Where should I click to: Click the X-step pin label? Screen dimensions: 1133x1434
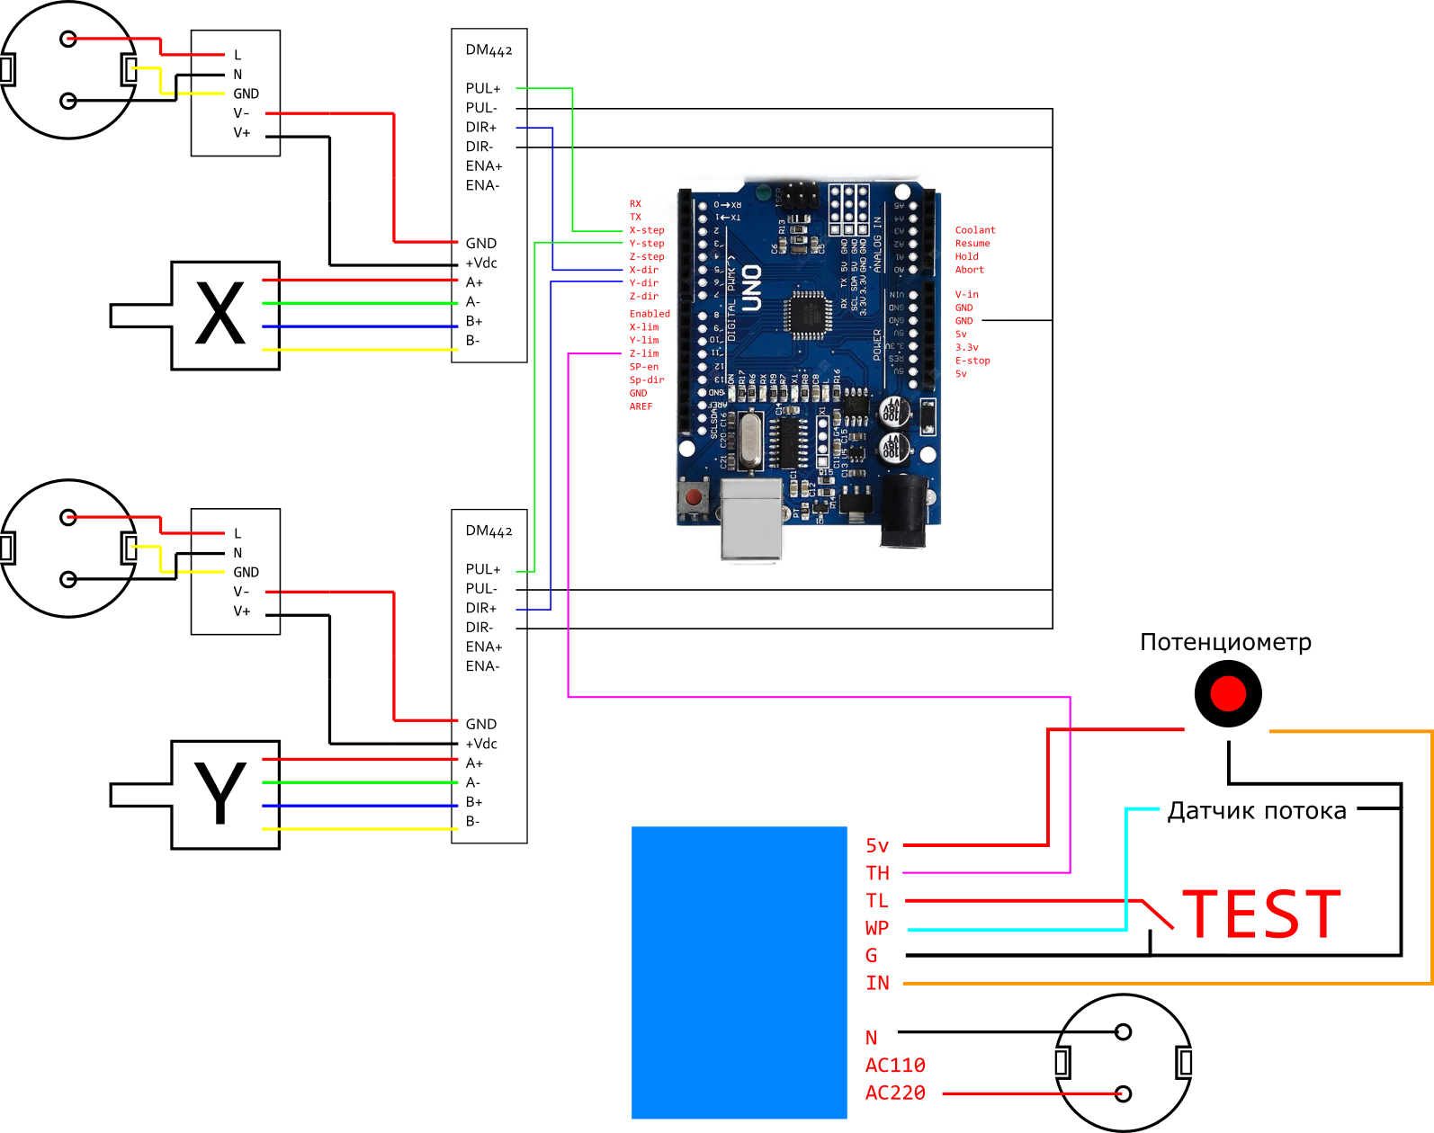[x=647, y=230]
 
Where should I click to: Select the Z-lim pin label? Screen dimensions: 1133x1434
[x=644, y=353]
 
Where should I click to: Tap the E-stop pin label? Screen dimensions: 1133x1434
[x=972, y=361]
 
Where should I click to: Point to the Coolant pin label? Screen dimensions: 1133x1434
[x=975, y=230]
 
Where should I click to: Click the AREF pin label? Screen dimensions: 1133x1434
[x=641, y=406]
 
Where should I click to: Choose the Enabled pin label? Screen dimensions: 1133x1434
[x=650, y=314]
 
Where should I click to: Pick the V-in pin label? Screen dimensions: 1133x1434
[x=967, y=294]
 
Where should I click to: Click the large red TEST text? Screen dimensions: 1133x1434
[x=1261, y=914]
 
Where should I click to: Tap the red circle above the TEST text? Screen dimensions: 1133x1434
[x=1228, y=693]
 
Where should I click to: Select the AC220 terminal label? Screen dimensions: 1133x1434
[x=895, y=1093]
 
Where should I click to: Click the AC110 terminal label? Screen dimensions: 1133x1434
[x=895, y=1066]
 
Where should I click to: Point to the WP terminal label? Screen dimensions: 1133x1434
[x=877, y=928]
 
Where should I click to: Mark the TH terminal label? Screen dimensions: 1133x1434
[x=877, y=873]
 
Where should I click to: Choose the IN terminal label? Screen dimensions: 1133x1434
[x=877, y=983]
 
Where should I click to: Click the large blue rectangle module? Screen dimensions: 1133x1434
[x=739, y=972]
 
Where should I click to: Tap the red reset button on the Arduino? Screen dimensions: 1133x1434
[x=693, y=497]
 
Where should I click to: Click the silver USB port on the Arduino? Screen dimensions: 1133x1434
[x=751, y=519]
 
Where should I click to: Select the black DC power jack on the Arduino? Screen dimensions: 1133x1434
[x=904, y=510]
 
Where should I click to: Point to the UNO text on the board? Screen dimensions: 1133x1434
[x=752, y=288]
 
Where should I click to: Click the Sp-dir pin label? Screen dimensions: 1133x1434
[x=647, y=379]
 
